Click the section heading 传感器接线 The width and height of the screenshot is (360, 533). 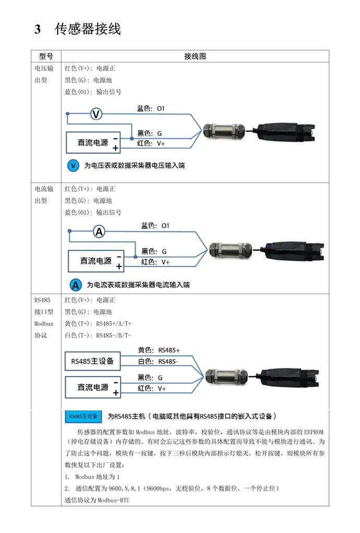[88, 29]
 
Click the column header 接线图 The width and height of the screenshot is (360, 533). [195, 56]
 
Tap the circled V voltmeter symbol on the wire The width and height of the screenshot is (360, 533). [96, 114]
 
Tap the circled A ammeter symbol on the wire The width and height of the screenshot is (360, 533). [99, 232]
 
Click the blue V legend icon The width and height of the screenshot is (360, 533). [74, 166]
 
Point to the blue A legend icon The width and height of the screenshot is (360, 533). [76, 285]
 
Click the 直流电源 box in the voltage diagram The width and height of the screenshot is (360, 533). [93, 142]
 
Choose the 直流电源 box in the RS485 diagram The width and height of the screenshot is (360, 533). [93, 387]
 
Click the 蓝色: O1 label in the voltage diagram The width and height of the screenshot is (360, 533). [151, 108]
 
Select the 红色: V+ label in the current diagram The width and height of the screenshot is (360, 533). [155, 262]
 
